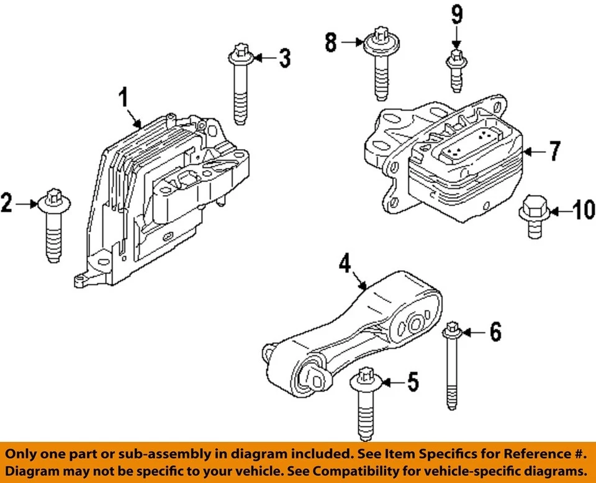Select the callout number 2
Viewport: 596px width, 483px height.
pyautogui.click(x=7, y=204)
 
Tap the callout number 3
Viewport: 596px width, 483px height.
pyautogui.click(x=284, y=58)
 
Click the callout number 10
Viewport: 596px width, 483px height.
pyautogui.click(x=583, y=212)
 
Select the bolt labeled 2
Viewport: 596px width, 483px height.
pyautogui.click(x=53, y=227)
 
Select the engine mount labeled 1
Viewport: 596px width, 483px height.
pyautogui.click(x=168, y=199)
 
